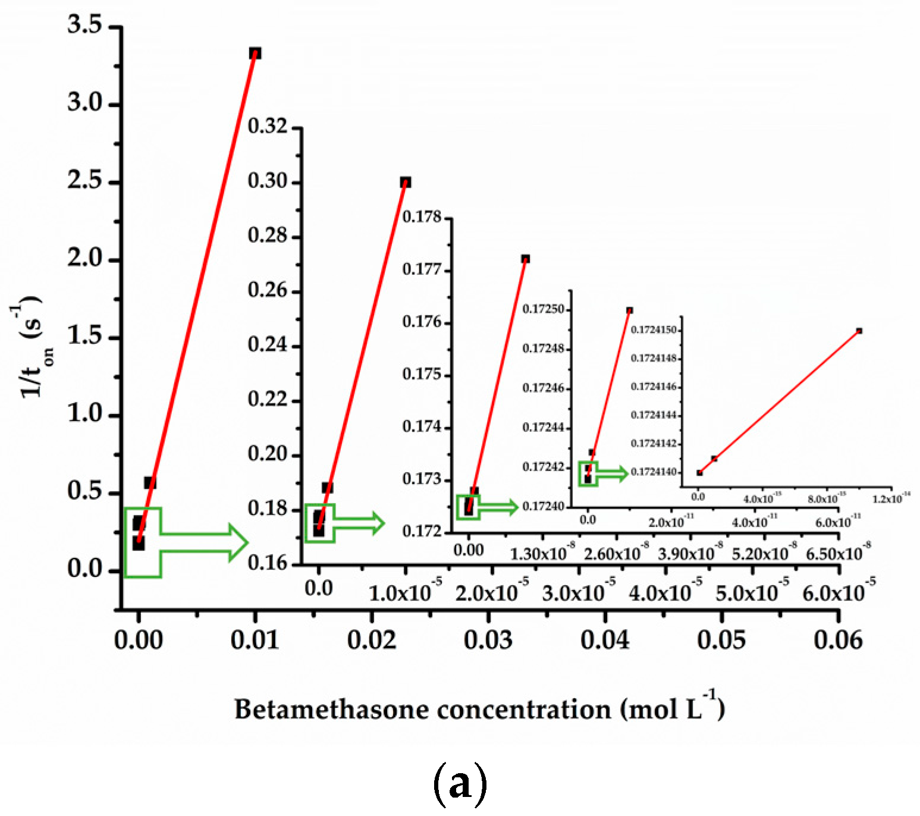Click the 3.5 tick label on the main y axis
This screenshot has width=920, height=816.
84,25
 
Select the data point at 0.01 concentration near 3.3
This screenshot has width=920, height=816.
255,54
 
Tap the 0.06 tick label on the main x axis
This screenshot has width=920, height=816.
838,640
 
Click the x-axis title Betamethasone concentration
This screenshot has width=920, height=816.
479,709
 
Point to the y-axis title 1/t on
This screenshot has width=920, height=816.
33,348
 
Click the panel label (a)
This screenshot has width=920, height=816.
460,782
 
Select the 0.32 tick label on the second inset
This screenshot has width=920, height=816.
267,126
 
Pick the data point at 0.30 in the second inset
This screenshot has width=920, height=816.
406,182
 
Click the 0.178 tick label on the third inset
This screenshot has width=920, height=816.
422,217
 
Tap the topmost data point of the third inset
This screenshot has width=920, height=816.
525,259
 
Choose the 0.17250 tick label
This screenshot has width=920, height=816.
543,309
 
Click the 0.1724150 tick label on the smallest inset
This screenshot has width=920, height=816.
654,329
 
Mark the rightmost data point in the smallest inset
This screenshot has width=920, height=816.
859,331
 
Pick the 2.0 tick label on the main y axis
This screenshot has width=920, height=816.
84,259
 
